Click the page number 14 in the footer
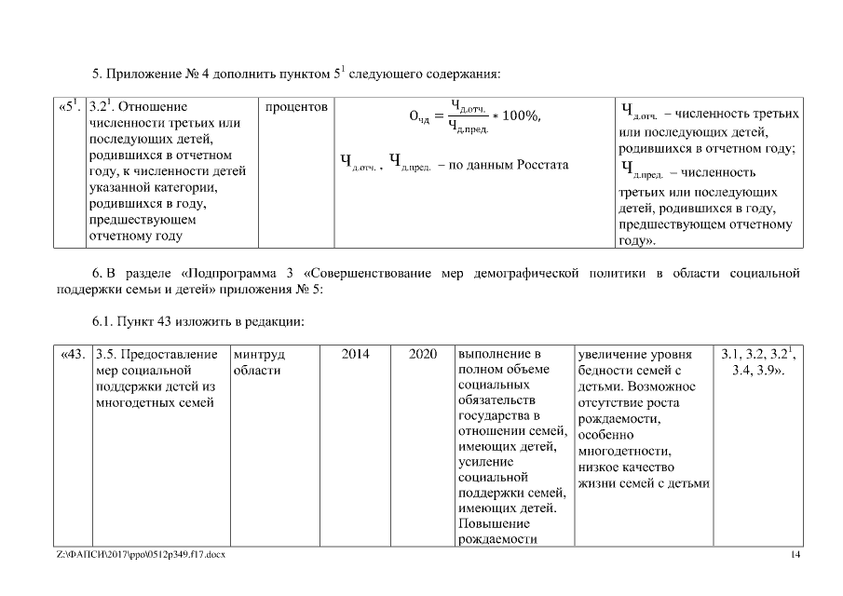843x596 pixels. coord(795,556)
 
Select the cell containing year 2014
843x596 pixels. coord(356,355)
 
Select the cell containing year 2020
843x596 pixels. coord(422,355)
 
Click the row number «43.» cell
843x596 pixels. coord(73,355)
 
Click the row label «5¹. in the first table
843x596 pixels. coord(70,106)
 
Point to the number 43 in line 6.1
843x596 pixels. coord(164,321)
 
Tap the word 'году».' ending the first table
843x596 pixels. coord(636,241)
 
